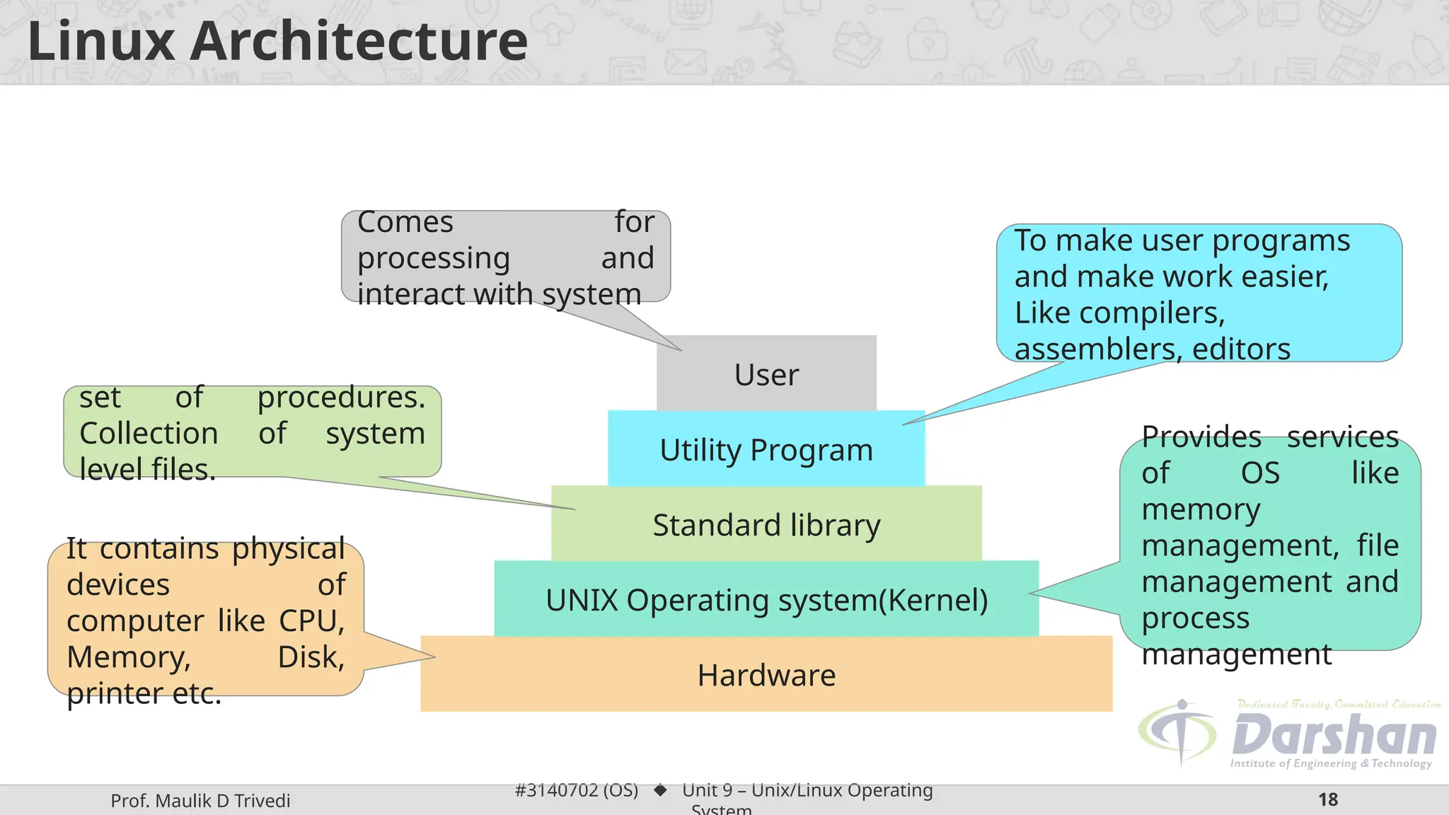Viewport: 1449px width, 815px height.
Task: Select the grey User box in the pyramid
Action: [x=766, y=374]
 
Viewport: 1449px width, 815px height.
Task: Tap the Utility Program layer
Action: [x=766, y=450]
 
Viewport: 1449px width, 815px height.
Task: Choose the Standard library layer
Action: [x=766, y=525]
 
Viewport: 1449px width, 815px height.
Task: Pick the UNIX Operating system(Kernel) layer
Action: [x=766, y=600]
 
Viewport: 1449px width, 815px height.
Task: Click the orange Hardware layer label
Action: [x=766, y=675]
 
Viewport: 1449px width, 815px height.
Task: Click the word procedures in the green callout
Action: [x=340, y=398]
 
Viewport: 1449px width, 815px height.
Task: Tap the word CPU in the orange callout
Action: [x=311, y=621]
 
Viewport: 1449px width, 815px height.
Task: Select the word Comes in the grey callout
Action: [x=405, y=222]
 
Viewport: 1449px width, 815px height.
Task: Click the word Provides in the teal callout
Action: [x=1201, y=437]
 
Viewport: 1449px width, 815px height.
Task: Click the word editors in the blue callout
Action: [x=1241, y=349]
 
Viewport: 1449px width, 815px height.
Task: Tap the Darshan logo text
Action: [x=1334, y=736]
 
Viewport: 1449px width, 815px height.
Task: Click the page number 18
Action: [x=1328, y=799]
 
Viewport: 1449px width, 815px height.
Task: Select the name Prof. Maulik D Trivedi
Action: [x=200, y=801]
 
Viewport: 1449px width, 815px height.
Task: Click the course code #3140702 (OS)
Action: [x=576, y=790]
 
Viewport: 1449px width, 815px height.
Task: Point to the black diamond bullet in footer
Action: [x=660, y=790]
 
